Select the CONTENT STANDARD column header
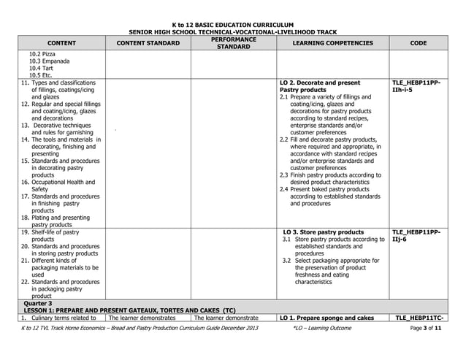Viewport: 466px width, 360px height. [148, 43]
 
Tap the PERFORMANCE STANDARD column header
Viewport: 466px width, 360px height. [233, 43]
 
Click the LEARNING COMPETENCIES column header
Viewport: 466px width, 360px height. [332, 43]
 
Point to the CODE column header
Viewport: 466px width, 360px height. [419, 43]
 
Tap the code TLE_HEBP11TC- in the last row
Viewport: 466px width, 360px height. [418, 318]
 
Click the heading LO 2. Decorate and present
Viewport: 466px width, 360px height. [320, 83]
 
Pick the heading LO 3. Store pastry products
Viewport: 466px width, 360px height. [323, 232]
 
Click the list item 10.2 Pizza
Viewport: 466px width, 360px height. [42, 54]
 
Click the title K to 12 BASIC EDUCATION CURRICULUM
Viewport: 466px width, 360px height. [232, 25]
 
